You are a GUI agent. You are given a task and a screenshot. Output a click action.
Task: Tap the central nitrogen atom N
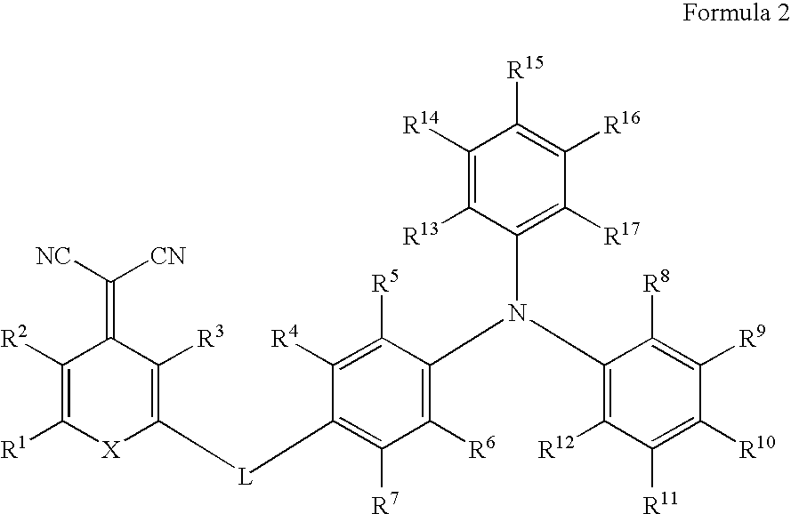(513, 311)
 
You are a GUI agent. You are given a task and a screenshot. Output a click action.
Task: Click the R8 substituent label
(659, 287)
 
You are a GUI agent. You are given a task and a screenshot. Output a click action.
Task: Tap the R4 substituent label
(287, 339)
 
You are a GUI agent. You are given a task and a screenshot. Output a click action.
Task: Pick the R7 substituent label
(383, 500)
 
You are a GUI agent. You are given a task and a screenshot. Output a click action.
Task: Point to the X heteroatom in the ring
(111, 452)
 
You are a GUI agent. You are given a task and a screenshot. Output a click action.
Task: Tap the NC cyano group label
(54, 259)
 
